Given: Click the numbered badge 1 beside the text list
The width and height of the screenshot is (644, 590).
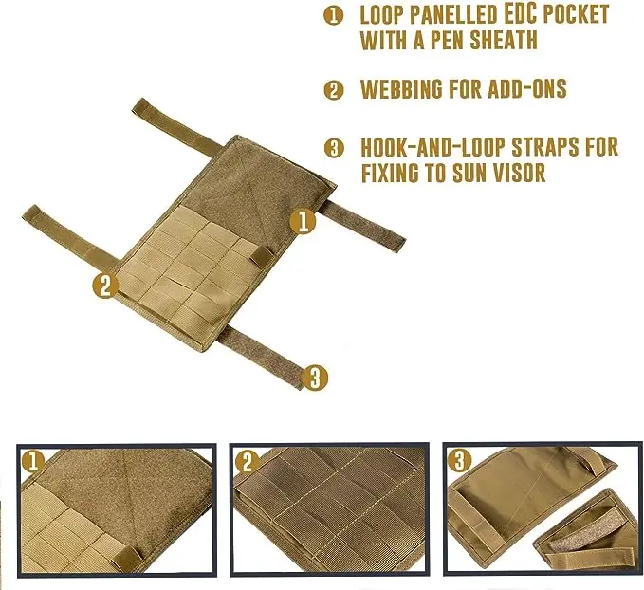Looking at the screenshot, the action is tap(333, 15).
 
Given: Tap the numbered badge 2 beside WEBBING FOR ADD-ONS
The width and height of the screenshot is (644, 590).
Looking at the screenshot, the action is tap(334, 90).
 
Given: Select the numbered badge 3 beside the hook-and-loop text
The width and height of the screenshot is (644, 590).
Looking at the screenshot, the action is tap(334, 148).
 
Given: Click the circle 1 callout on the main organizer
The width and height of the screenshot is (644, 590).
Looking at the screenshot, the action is tap(304, 222).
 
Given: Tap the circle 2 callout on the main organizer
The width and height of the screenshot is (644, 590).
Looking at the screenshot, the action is tap(105, 285).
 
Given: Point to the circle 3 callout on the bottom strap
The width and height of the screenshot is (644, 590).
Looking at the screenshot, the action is tap(316, 378).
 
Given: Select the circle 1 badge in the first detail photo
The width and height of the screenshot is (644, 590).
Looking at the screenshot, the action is tap(33, 461).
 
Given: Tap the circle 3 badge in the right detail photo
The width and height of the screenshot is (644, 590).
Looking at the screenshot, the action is tap(460, 461).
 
